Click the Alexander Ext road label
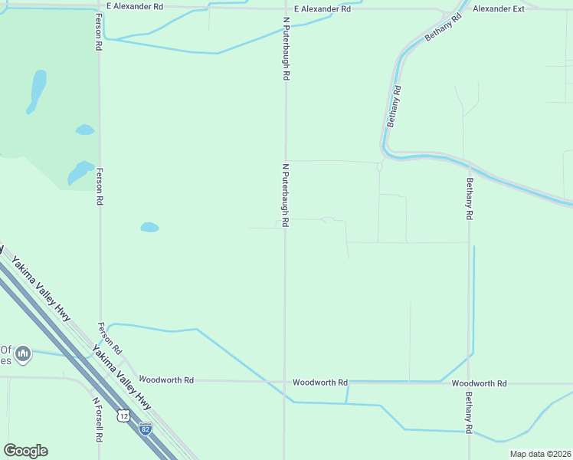498,9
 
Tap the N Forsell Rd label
97,420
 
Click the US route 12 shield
123,416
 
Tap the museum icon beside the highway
23,353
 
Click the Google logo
25,451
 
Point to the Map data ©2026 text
539,454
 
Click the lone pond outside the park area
149,227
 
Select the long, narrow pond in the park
36,90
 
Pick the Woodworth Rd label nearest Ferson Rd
166,379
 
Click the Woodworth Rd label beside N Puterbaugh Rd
320,382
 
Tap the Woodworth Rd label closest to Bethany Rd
479,383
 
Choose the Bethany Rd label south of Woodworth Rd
468,412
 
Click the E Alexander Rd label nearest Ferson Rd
135,6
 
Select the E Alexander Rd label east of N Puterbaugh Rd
323,9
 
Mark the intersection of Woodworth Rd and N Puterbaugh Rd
285,381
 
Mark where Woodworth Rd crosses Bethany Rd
469,383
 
